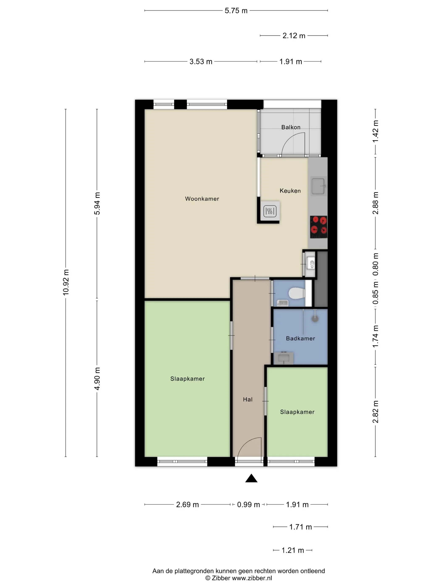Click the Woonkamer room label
click(202, 199)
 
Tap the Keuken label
click(290, 191)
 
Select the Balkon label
click(291, 127)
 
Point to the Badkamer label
click(300, 338)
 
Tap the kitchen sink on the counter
click(318, 186)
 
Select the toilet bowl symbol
click(297, 293)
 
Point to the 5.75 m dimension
click(236, 11)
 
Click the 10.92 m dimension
click(66, 282)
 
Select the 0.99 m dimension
click(248, 505)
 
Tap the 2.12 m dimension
click(294, 36)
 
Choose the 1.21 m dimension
click(292, 550)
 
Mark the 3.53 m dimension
click(201, 62)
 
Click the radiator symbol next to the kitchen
click(270, 211)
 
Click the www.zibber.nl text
click(252, 578)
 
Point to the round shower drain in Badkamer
click(315, 319)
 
